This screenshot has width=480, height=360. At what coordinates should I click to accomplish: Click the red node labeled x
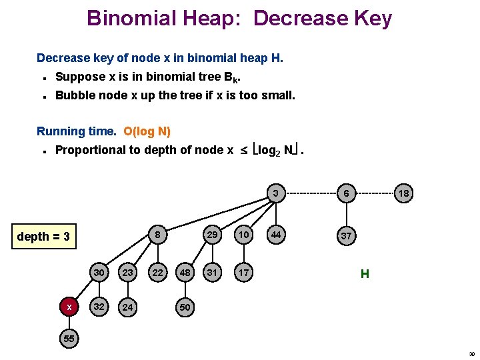pyautogui.click(x=69, y=307)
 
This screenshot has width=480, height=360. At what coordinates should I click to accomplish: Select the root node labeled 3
pyautogui.click(x=275, y=193)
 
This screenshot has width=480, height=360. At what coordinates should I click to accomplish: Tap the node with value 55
pyautogui.click(x=69, y=339)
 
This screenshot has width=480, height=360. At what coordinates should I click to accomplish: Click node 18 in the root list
pyautogui.click(x=404, y=193)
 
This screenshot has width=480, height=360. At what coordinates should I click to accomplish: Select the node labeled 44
pyautogui.click(x=275, y=235)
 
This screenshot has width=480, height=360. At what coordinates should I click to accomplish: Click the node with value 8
pyautogui.click(x=157, y=235)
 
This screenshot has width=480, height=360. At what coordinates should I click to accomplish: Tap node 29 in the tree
pyautogui.click(x=212, y=235)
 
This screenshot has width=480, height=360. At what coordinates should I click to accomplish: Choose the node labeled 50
pyautogui.click(x=185, y=307)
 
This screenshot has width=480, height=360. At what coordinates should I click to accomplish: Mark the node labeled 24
pyautogui.click(x=127, y=307)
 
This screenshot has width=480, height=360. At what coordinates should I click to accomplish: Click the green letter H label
pyautogui.click(x=365, y=273)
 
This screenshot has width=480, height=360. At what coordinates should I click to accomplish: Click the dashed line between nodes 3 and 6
pyautogui.click(x=311, y=193)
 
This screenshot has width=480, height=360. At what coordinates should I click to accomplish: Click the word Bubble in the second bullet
pyautogui.click(x=73, y=95)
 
